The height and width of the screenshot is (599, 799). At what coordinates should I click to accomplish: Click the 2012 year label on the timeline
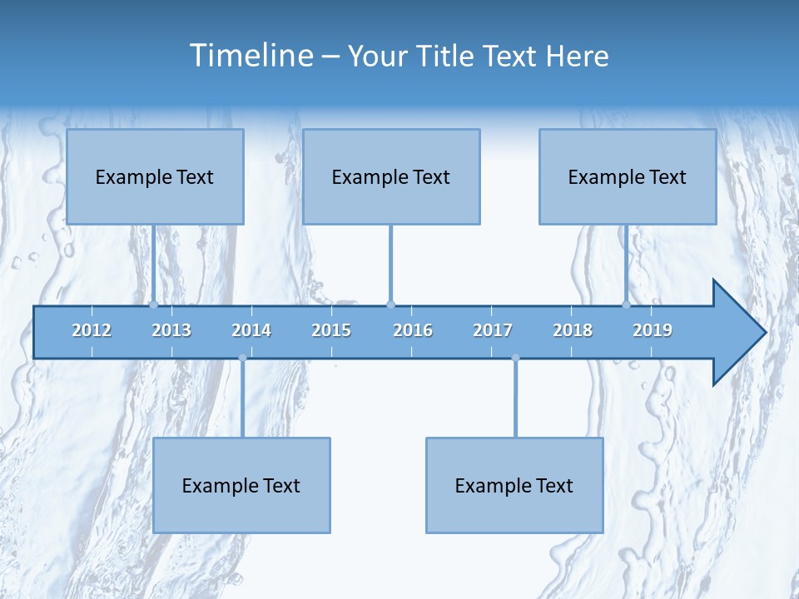click(x=92, y=330)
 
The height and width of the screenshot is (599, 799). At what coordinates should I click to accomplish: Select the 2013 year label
click(x=171, y=330)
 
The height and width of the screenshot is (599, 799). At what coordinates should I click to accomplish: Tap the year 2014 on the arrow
click(x=251, y=330)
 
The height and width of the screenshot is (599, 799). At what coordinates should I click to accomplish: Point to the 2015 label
click(x=331, y=330)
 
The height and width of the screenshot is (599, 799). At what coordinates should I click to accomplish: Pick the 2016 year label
click(x=413, y=330)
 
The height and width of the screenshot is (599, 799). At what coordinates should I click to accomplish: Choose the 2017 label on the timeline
click(x=493, y=330)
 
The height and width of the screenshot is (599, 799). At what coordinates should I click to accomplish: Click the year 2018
click(x=573, y=330)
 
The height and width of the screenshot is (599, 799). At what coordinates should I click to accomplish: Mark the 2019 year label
click(x=653, y=330)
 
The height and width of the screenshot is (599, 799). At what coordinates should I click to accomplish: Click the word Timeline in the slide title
click(x=251, y=56)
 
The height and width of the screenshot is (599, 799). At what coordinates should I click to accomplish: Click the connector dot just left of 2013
click(x=154, y=305)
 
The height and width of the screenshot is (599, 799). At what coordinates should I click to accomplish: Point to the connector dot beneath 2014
click(x=242, y=358)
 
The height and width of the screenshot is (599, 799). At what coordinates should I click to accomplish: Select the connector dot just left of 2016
click(x=390, y=305)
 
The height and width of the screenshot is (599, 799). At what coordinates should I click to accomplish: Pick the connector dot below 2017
click(x=515, y=358)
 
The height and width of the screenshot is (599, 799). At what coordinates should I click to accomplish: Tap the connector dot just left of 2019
click(x=627, y=305)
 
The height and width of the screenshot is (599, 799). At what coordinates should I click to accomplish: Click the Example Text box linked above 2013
click(x=155, y=176)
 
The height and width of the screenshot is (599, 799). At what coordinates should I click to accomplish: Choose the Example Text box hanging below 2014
click(x=241, y=485)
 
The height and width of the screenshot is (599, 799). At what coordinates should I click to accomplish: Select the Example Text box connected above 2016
click(x=391, y=176)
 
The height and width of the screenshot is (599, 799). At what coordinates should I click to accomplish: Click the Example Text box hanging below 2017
click(x=514, y=485)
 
